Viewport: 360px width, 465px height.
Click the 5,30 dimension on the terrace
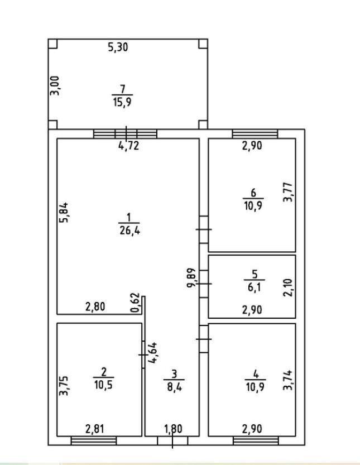118,47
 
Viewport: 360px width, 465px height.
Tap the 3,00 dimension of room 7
55,86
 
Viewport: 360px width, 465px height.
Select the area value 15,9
122,103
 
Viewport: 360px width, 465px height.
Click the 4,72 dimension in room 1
129,146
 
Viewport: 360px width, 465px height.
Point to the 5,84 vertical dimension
64,212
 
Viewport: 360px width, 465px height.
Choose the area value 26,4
130,231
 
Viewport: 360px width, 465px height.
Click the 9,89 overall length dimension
191,277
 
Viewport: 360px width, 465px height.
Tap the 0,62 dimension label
135,303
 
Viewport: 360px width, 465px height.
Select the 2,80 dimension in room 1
95,306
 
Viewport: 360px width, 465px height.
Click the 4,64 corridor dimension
153,353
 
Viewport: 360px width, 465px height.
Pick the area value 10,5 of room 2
103,385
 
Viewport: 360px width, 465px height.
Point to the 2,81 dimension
94,429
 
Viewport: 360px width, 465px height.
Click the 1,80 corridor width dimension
173,429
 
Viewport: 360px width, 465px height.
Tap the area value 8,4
174,387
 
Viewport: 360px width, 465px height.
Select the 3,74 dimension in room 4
287,380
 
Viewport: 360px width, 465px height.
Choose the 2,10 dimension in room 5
287,287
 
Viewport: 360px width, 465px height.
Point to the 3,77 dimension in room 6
287,192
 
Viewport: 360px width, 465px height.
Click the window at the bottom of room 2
94,440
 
